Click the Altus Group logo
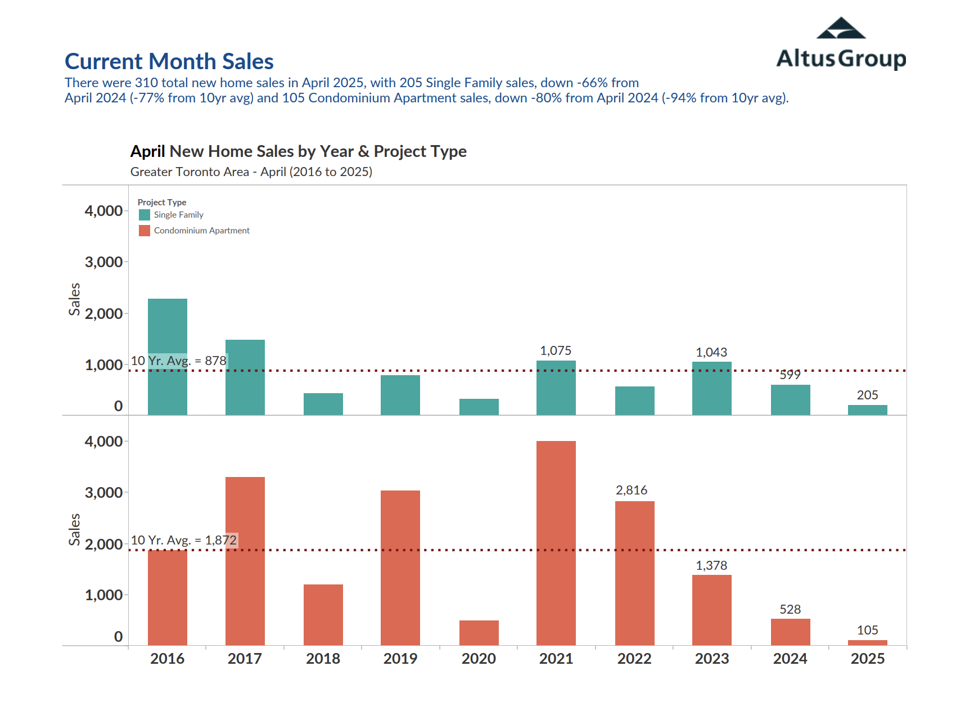pos(841,44)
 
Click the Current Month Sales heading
pos(169,61)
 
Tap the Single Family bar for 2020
pos(479,407)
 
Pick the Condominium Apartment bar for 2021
pos(556,543)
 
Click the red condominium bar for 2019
pos(400,568)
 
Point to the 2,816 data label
pos(632,490)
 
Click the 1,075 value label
pos(556,351)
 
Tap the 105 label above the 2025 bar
pos(867,630)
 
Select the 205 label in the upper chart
pos(867,395)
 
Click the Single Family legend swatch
pos(145,215)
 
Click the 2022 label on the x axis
pos(634,659)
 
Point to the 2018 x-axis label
pos(323,659)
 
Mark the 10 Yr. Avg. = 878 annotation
pos(179,361)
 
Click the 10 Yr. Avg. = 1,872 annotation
pos(183,540)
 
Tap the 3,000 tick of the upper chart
pos(103,262)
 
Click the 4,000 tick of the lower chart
pos(103,442)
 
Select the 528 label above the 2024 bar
pos(790,609)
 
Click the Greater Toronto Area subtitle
pos(251,172)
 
